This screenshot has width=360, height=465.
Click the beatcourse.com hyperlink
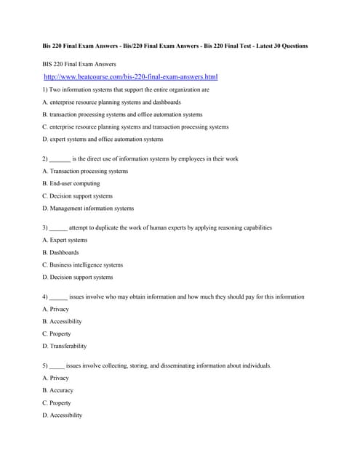pos(130,76)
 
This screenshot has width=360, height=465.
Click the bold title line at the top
pos(175,46)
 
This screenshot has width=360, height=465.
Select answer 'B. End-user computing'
pos(71,184)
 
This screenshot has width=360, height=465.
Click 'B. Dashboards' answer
pos(60,252)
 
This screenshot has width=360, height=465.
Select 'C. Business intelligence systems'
pos(82,264)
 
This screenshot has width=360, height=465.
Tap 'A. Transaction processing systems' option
pos(85,171)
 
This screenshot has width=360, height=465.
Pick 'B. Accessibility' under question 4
pos(62,321)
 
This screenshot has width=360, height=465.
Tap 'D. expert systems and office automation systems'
pos(103,139)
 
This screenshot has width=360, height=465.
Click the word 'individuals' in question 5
pos(253,365)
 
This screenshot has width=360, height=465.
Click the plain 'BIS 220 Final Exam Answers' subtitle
pos(79,64)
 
